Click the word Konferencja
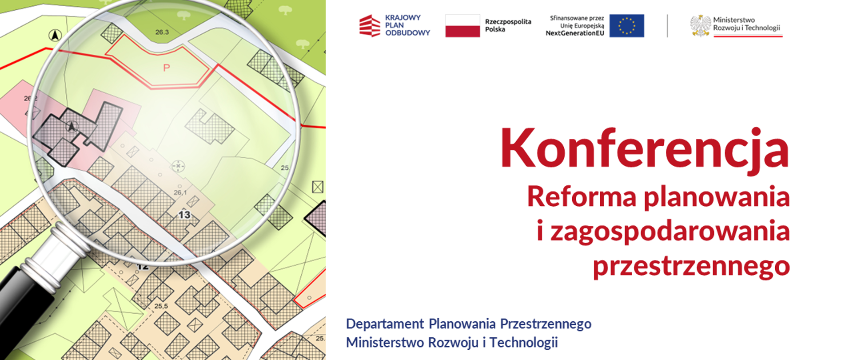coord(644,148)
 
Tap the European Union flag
coord(626,26)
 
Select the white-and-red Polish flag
coord(462,26)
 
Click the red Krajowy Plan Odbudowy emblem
coord(370,26)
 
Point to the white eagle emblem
coord(700,26)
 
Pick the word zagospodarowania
coord(670,231)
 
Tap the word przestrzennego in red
coord(691,266)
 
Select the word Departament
coord(385,324)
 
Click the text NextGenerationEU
coord(574,33)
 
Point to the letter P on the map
coord(167,68)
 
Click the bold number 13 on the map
coord(184,216)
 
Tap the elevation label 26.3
coord(162,32)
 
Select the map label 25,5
coord(161,306)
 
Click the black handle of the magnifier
coord(20,302)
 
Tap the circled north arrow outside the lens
coord(55,35)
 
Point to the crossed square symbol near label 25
coord(318,187)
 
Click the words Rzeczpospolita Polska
coord(508,26)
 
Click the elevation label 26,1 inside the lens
coord(180,192)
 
